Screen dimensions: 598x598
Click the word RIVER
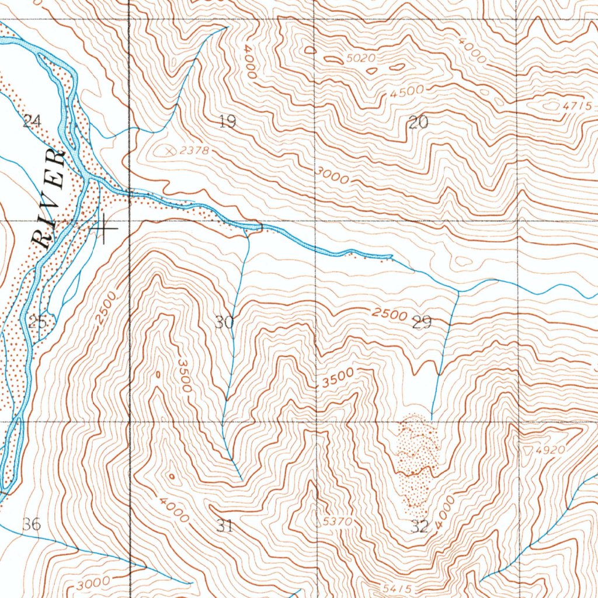pyautogui.click(x=49, y=199)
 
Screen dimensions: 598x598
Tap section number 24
pyautogui.click(x=32, y=121)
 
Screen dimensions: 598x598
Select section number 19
pyautogui.click(x=227, y=122)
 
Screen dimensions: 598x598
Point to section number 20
pyautogui.click(x=419, y=123)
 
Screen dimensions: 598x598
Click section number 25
pyautogui.click(x=37, y=321)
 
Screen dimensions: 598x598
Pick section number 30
pyautogui.click(x=224, y=322)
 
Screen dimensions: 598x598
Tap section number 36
pyautogui.click(x=32, y=524)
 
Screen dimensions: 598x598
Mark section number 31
pyautogui.click(x=225, y=526)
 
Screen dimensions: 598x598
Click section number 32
pyautogui.click(x=419, y=526)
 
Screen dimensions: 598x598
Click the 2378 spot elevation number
pyautogui.click(x=194, y=151)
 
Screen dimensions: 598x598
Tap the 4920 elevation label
pyautogui.click(x=553, y=450)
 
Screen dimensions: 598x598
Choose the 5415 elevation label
pyautogui.click(x=399, y=587)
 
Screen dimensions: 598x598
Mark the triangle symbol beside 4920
pyautogui.click(x=530, y=451)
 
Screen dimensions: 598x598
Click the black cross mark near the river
pyautogui.click(x=103, y=228)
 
